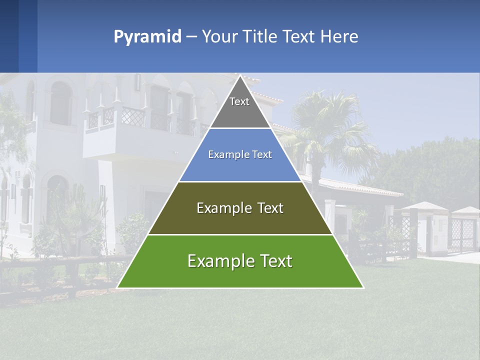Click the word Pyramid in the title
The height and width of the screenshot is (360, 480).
click(x=147, y=37)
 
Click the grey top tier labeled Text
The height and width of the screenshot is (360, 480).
click(x=240, y=107)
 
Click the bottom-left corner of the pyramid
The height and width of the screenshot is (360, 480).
click(x=118, y=287)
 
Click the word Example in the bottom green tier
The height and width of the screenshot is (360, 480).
click(x=215, y=261)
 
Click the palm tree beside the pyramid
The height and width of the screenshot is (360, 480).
click(x=325, y=125)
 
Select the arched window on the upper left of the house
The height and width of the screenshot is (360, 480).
click(x=60, y=102)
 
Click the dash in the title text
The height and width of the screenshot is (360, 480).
click(x=191, y=37)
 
